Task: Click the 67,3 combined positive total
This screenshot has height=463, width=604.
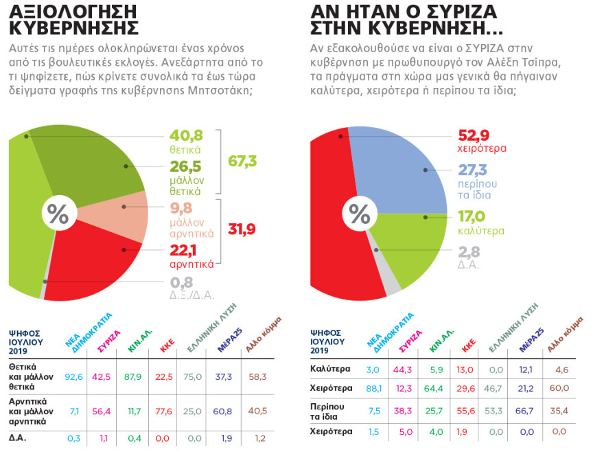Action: (x=242, y=161)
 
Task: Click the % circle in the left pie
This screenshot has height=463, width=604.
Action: (x=58, y=214)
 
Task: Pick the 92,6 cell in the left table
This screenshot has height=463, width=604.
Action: (x=73, y=376)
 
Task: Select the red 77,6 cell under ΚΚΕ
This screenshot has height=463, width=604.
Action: (x=165, y=411)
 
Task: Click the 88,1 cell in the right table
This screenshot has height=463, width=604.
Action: (x=374, y=388)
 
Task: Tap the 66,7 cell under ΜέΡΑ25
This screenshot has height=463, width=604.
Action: (x=526, y=410)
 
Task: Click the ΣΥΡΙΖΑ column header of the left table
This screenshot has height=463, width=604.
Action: (x=109, y=341)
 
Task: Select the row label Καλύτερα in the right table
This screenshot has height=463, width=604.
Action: (x=329, y=370)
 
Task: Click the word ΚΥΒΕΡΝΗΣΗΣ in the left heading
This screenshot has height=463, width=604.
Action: (x=73, y=28)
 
